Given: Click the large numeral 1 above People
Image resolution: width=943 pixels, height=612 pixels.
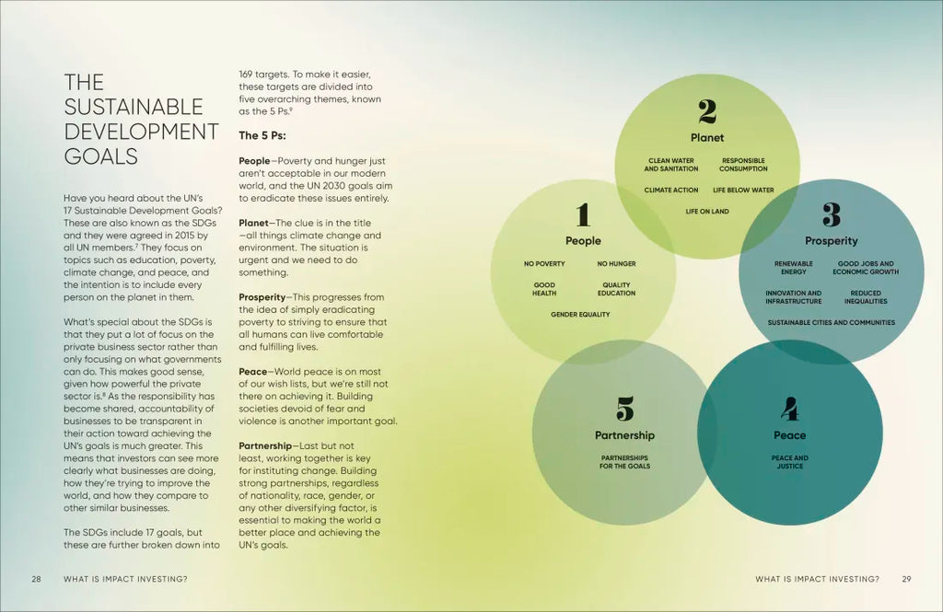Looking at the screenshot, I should pos(582,215).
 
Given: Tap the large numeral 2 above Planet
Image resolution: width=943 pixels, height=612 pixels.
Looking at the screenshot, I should pos(707,111).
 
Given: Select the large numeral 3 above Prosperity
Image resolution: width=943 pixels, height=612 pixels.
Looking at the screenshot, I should pos(831,214).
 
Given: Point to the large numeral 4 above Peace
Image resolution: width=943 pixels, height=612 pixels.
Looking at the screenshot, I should pos(789,408).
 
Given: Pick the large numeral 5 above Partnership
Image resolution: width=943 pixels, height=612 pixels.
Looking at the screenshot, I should pos(624,408).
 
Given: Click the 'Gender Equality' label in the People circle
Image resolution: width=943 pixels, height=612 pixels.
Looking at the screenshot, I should pos(580,315).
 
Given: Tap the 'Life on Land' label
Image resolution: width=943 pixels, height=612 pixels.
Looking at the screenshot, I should pos(707,212).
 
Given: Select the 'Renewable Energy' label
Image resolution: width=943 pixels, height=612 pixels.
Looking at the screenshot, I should pos(793,268).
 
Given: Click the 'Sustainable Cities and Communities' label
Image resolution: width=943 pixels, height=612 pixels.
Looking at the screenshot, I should pos(831,323).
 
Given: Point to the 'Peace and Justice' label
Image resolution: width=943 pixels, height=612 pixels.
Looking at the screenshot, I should pos(789,462).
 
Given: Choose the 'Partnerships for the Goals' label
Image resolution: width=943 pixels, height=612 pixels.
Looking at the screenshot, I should pos(624,462).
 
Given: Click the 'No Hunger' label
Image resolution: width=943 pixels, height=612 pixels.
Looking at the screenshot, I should pos(616,264).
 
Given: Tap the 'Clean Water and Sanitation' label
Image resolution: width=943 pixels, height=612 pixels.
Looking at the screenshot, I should pos(671,165).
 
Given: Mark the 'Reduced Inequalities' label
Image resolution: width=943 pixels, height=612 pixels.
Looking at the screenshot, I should pos(866,297).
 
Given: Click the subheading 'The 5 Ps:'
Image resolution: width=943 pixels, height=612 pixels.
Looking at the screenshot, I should pos(262,135).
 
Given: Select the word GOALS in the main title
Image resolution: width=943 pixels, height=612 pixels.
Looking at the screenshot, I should pos(101,156).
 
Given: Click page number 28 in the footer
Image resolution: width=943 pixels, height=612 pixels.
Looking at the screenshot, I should pos(36,579).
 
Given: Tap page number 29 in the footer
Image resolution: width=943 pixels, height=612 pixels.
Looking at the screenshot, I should pos(906,579).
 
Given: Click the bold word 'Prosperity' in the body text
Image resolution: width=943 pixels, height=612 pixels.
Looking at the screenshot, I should pos(262,297).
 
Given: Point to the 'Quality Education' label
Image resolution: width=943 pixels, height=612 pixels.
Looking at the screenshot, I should pos(616,289).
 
